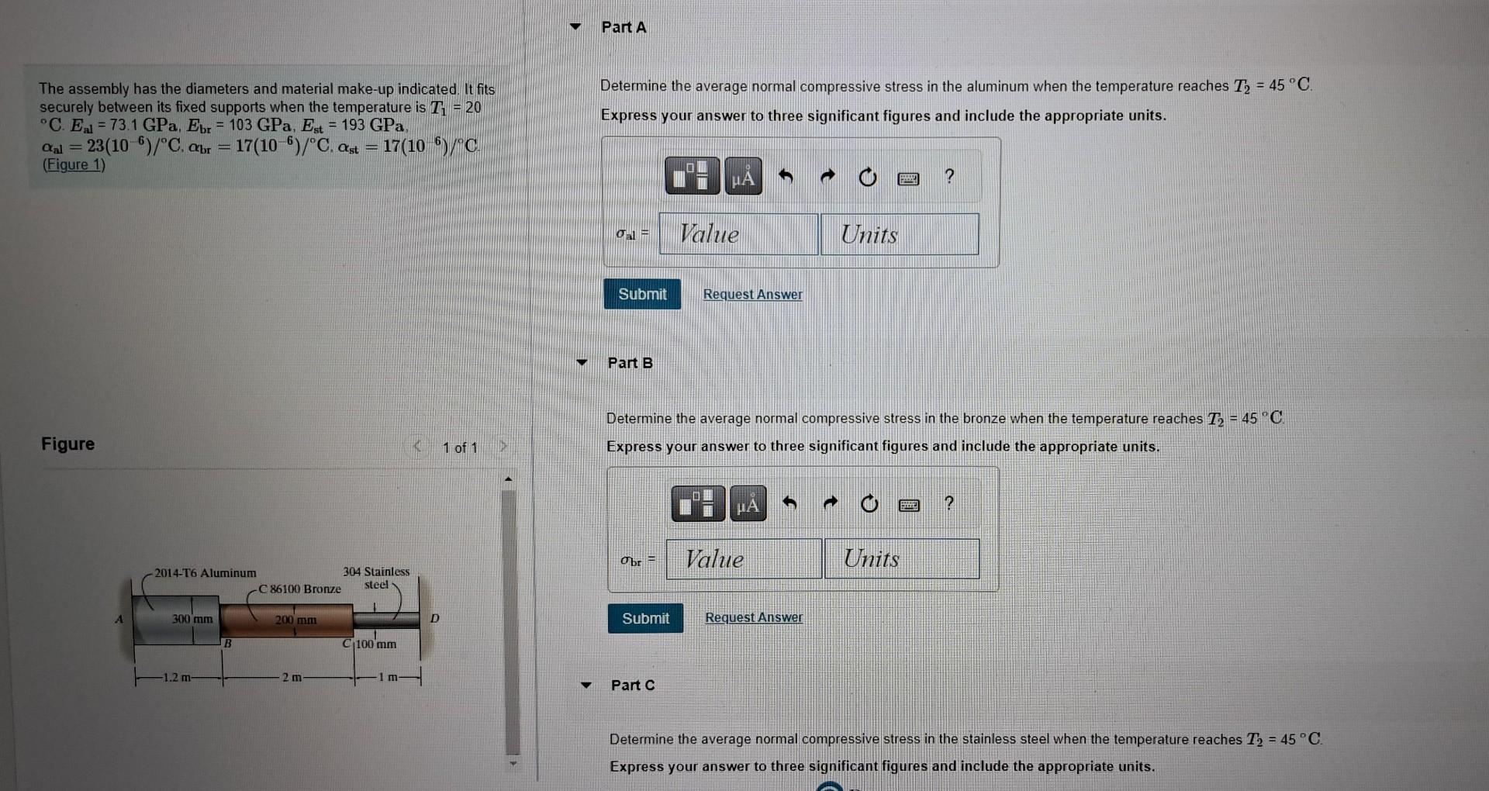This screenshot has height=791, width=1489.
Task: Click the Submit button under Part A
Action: (642, 294)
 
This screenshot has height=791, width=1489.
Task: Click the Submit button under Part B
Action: (645, 618)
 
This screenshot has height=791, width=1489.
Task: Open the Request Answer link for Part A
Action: (752, 295)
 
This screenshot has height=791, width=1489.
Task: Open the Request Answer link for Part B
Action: (754, 617)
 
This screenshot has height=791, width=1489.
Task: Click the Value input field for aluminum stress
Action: (738, 234)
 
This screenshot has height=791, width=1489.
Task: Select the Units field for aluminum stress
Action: (900, 234)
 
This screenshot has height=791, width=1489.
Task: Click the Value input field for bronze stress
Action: (743, 558)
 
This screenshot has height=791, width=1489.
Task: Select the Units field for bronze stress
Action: (902, 558)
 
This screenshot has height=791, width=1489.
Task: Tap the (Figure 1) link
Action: (74, 164)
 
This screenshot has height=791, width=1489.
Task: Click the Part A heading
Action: (624, 27)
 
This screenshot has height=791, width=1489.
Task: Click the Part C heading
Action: (633, 685)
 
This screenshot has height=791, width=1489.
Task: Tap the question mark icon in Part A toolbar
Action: (949, 177)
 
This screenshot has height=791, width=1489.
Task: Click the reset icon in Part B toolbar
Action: (869, 505)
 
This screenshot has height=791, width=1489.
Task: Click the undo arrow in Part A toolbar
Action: (786, 177)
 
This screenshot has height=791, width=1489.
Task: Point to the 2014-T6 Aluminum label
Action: (205, 573)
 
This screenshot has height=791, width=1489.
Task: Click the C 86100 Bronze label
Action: (299, 589)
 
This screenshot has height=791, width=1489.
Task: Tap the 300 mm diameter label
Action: (192, 619)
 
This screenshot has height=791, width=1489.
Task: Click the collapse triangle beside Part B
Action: (582, 362)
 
